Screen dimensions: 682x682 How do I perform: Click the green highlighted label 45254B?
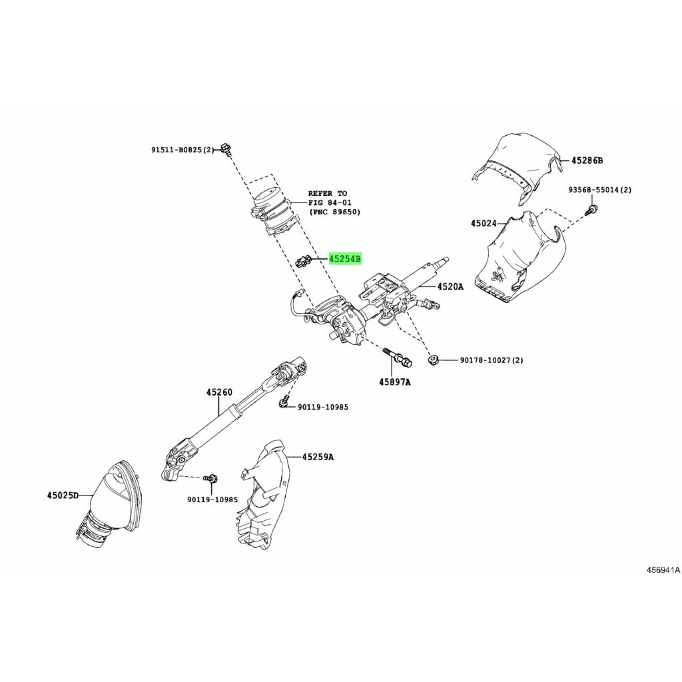tap(346, 259)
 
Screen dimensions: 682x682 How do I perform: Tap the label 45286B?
tap(587, 161)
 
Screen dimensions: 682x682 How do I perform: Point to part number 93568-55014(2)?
tap(600, 190)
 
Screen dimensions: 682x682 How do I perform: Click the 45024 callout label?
tap(484, 223)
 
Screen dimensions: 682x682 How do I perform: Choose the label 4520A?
tap(450, 286)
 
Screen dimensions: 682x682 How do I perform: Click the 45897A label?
tap(394, 382)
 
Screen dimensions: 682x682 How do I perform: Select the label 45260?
tap(219, 392)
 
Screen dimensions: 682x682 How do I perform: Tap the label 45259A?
tap(318, 457)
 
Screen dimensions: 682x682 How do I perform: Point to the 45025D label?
tap(63, 495)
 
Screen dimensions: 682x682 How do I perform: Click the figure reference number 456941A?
tap(663, 570)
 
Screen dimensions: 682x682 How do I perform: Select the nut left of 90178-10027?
tap(433, 359)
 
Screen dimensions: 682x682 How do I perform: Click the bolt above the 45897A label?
tap(398, 357)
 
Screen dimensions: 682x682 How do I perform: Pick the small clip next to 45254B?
tap(302, 262)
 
